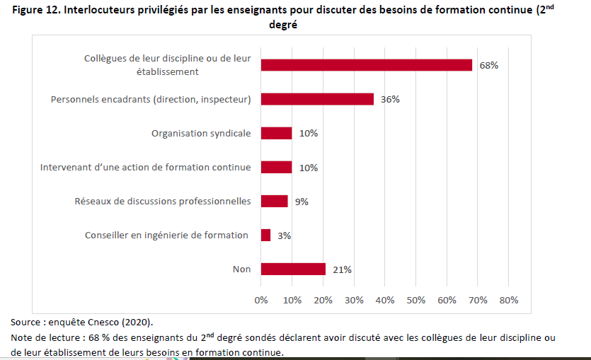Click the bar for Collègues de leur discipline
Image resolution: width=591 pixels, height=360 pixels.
click(366, 65)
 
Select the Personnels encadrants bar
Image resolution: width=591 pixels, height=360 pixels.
click(317, 99)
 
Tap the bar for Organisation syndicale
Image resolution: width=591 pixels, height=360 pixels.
click(276, 133)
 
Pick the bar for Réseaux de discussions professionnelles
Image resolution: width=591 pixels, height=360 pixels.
click(275, 202)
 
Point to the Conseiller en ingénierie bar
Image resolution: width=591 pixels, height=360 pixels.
click(265, 236)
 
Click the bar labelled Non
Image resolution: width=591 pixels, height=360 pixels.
click(293, 269)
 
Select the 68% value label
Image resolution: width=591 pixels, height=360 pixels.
click(489, 65)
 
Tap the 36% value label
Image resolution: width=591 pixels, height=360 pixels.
click(390, 99)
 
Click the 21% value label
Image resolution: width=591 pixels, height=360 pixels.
click(342, 269)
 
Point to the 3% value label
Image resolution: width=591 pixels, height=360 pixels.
click(285, 236)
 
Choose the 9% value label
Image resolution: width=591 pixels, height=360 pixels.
click(302, 202)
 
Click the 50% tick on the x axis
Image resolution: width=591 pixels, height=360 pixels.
click(415, 300)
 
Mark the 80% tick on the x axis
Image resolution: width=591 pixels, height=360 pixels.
click(509, 300)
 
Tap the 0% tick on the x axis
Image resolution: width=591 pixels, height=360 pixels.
click(261, 300)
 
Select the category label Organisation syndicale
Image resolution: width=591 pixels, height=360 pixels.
click(201, 133)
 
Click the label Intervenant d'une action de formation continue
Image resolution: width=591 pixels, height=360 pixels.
click(145, 168)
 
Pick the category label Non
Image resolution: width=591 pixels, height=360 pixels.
click(241, 269)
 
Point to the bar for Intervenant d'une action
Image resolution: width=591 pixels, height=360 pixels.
click(276, 168)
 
